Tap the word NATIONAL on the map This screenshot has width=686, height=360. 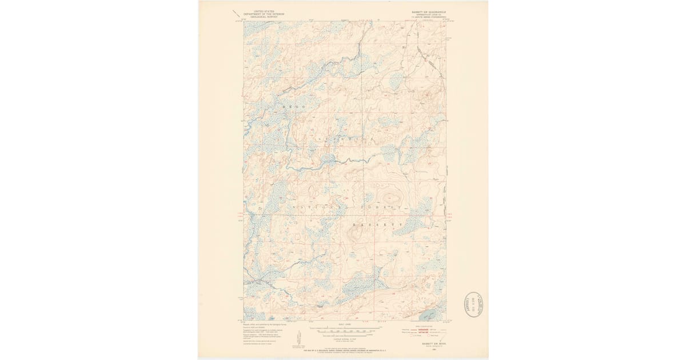pos(314,206)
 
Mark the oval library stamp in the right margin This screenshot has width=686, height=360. pos(473,305)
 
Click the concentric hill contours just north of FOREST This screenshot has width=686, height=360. pos(390,197)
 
